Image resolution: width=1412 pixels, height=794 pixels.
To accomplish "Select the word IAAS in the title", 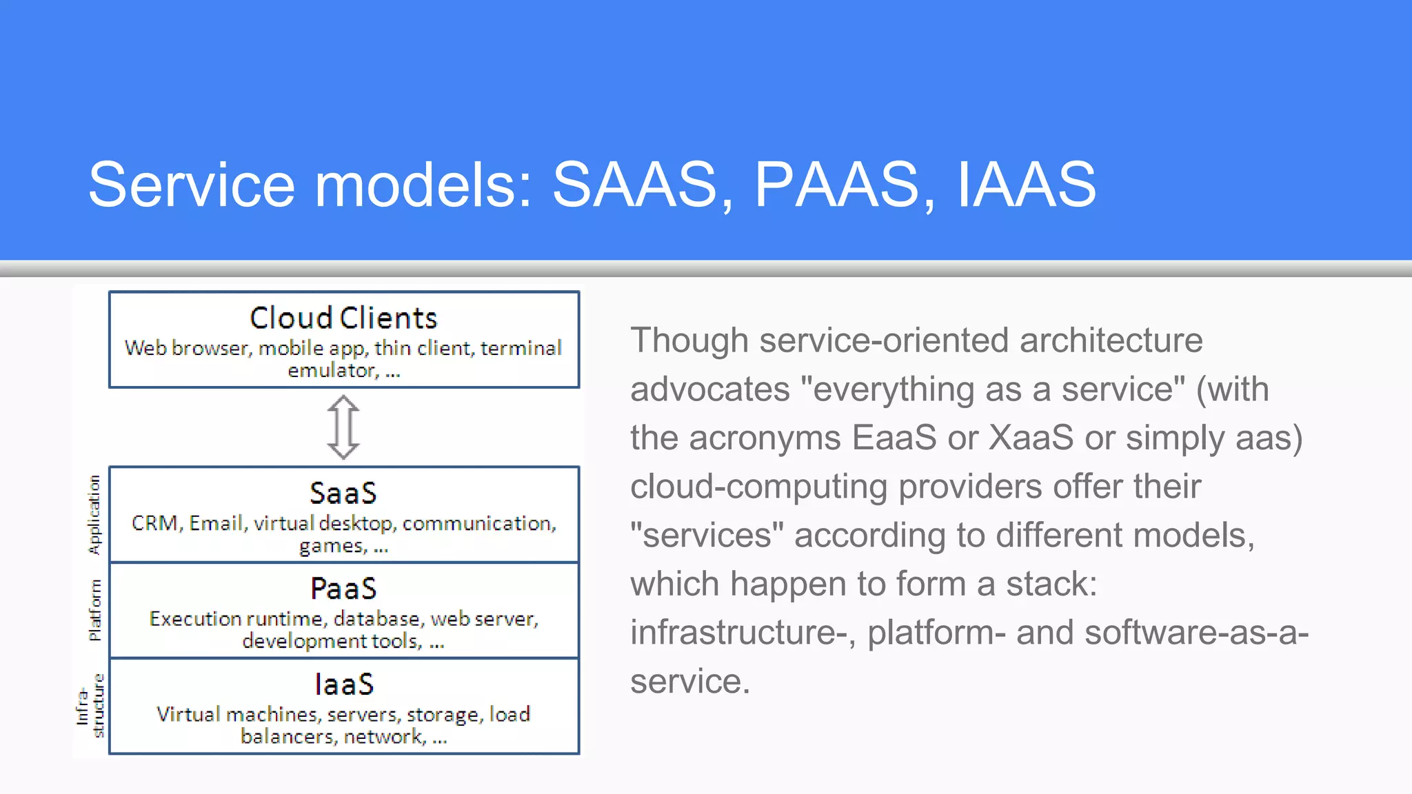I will tap(1026, 185).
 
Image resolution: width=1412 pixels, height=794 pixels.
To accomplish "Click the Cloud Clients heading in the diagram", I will tap(343, 318).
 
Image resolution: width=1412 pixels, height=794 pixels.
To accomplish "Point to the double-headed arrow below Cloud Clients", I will tap(343, 427).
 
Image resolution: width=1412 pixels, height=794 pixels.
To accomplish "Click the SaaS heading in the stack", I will tap(343, 493).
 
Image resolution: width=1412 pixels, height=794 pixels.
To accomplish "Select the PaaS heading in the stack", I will tap(343, 589).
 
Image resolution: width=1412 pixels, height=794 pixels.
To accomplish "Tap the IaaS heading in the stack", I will tap(343, 684).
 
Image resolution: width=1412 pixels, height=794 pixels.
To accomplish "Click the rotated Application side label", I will tap(94, 514).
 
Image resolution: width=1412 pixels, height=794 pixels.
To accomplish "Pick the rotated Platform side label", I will tap(94, 610).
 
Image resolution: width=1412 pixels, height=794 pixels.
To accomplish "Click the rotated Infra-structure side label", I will tap(90, 706).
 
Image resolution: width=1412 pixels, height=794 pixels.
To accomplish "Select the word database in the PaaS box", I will tap(376, 619).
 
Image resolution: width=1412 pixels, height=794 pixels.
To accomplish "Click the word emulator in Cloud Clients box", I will tap(332, 371).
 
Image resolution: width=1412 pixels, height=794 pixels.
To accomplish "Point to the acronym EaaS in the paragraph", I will tap(894, 438).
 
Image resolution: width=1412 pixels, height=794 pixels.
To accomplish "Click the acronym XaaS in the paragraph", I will tap(1031, 438).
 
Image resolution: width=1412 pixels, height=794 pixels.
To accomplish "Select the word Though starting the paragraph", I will tap(689, 340).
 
